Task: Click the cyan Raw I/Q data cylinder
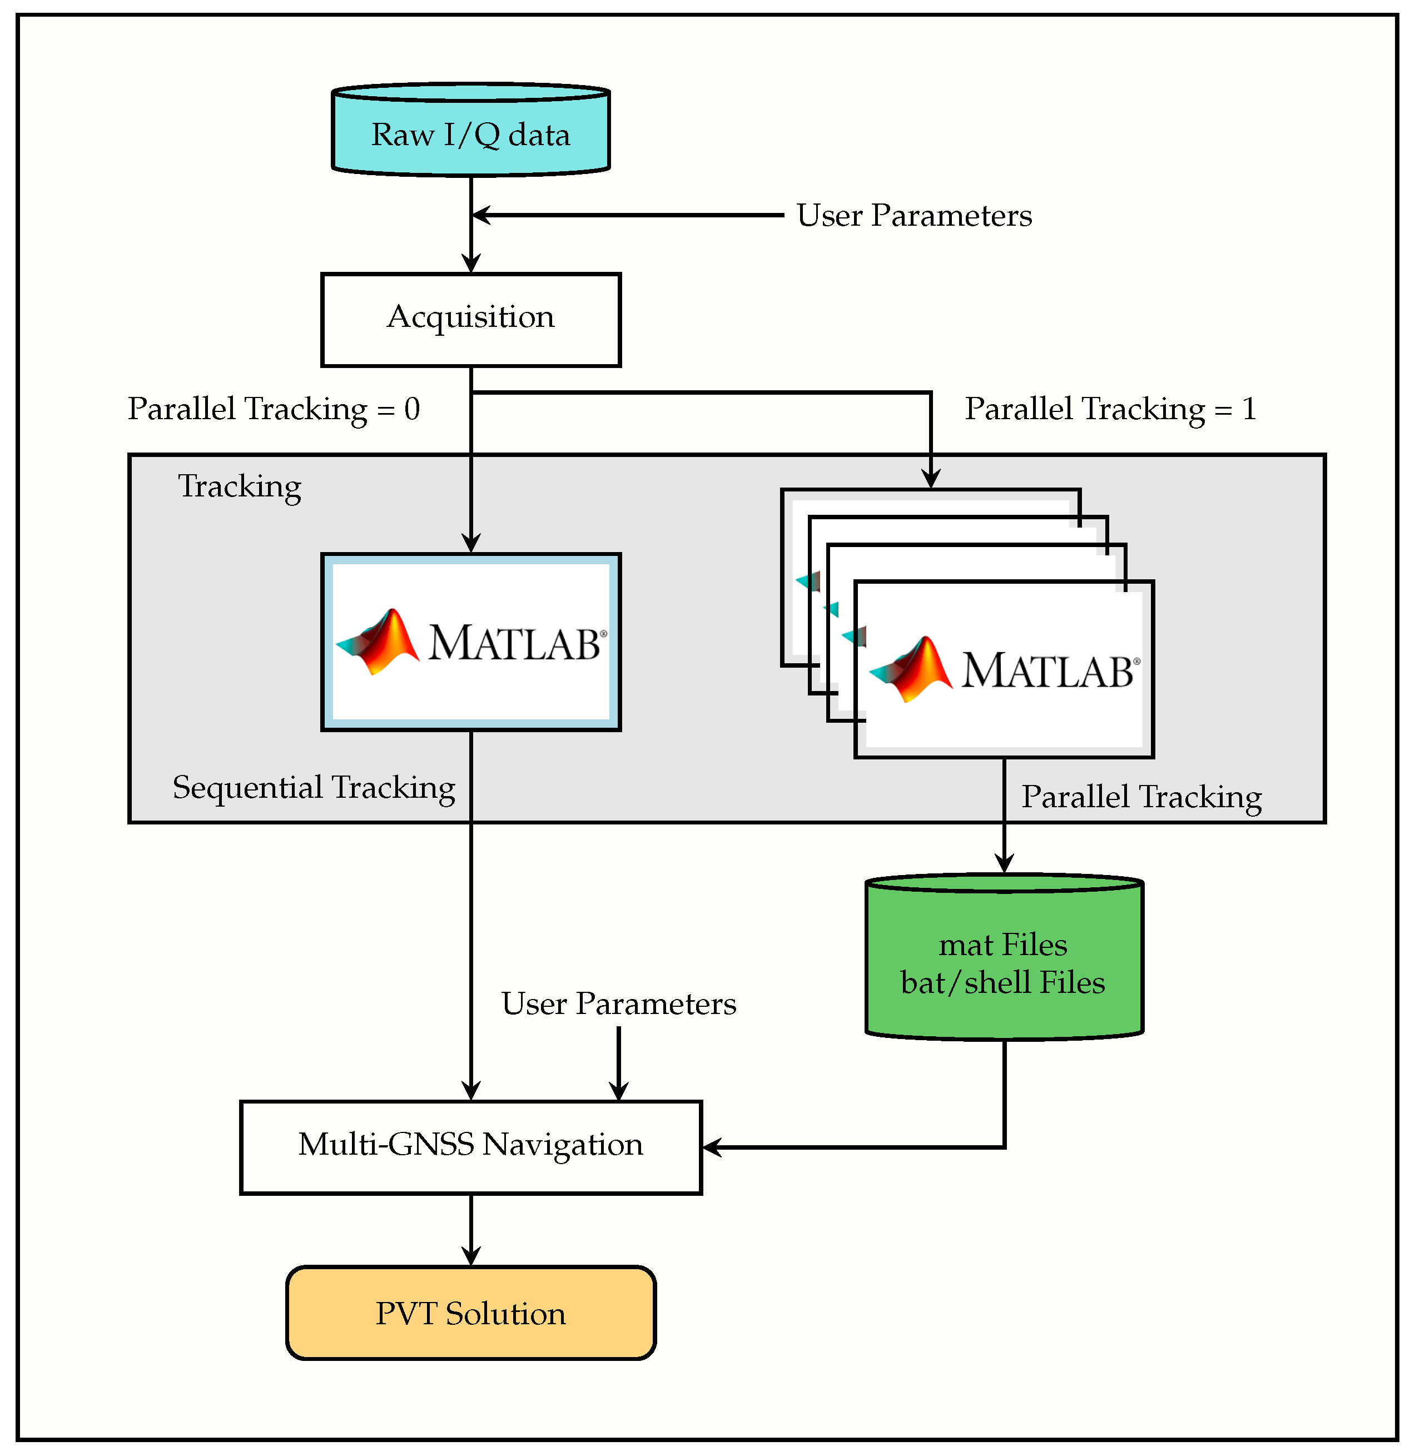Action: tap(471, 130)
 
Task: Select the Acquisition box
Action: tap(471, 320)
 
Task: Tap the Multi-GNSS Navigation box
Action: tap(471, 1147)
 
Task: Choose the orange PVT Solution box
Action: tap(471, 1313)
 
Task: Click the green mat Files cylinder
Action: tap(1004, 957)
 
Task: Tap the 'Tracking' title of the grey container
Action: tap(239, 488)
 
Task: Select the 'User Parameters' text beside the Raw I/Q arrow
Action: tap(914, 216)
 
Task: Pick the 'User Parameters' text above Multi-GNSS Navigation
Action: tap(618, 1004)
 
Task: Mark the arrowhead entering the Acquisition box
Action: tap(471, 263)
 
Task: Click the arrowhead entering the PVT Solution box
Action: tap(471, 1256)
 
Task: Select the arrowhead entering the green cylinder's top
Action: tap(1004, 863)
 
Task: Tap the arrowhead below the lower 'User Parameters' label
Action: tap(618, 1090)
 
